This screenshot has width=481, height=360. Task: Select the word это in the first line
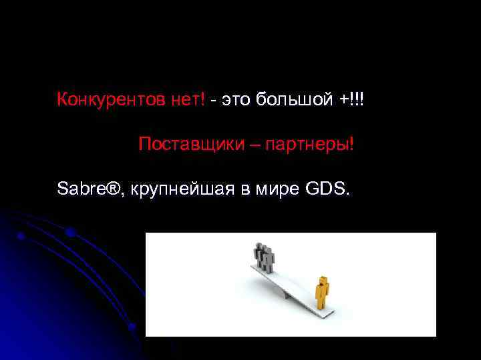pyautogui.click(x=236, y=100)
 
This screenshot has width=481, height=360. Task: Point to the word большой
pyautogui.click(x=295, y=100)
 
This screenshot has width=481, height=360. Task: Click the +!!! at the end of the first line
pyautogui.click(x=353, y=100)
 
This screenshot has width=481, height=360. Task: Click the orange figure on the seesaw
pyautogui.click(x=323, y=293)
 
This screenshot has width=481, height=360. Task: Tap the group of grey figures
pyautogui.click(x=263, y=257)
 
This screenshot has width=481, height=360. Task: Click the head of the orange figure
pyautogui.click(x=323, y=281)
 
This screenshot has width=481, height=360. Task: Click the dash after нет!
pyautogui.click(x=212, y=101)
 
